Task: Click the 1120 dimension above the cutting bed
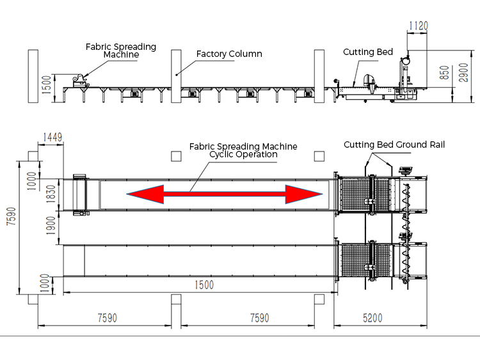click(417, 26)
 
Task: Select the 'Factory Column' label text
click(229, 54)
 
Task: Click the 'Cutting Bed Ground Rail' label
click(394, 145)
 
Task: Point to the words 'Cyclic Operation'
click(243, 154)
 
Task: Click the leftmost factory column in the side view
click(32, 75)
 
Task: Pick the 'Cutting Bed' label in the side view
click(368, 52)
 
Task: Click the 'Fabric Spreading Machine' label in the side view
click(121, 51)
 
